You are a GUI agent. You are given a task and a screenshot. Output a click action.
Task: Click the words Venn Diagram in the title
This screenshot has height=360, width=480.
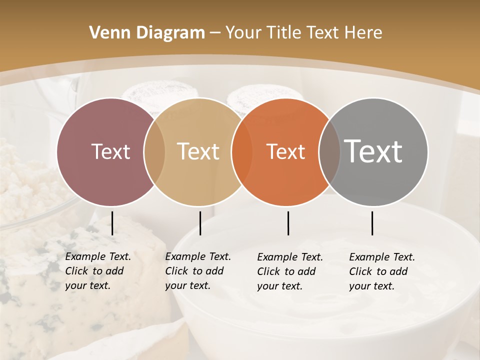click(147, 33)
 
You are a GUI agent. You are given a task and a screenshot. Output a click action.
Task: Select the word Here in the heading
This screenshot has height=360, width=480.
click(363, 33)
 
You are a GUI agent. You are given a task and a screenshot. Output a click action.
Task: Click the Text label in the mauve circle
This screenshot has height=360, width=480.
click(110, 151)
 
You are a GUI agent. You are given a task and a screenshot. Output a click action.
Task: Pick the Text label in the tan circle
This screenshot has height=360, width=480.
click(198, 151)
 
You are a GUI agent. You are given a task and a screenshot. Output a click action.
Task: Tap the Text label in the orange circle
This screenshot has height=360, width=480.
click(286, 151)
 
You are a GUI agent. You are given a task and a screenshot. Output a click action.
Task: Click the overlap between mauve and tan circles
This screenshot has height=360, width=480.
click(154, 152)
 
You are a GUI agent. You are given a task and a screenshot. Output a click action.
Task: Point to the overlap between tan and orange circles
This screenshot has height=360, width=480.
click(242, 152)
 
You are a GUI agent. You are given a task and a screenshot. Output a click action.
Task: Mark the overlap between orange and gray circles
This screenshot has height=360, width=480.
click(329, 152)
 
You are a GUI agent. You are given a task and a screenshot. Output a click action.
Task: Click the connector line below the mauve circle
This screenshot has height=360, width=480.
click(112, 223)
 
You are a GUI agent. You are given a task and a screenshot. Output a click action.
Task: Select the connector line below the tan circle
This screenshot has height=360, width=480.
click(200, 223)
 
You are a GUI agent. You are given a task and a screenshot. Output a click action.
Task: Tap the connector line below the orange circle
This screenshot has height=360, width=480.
click(288, 223)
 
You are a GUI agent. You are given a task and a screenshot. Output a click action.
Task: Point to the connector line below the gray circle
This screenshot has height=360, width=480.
click(372, 223)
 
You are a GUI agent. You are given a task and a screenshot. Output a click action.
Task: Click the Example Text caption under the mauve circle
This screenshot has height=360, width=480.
click(98, 271)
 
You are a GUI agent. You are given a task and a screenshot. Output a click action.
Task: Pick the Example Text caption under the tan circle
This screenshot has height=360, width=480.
click(198, 271)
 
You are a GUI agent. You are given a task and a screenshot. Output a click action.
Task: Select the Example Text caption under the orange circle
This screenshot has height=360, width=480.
click(290, 271)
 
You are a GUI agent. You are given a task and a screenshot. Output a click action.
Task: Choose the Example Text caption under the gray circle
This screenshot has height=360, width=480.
click(382, 271)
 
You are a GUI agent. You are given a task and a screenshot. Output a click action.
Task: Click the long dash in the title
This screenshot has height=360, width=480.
click(215, 33)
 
